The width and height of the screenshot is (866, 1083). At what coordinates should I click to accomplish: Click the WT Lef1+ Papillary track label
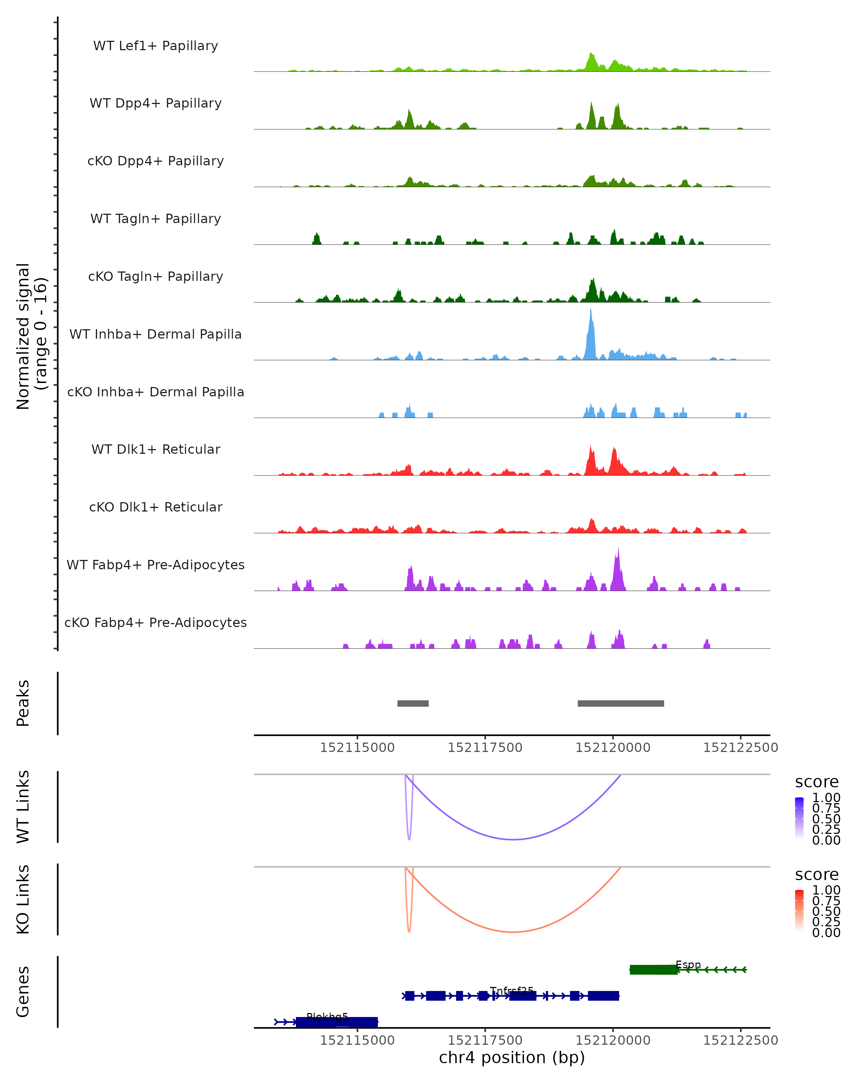point(156,46)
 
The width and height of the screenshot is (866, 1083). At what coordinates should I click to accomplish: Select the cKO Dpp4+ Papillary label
point(156,161)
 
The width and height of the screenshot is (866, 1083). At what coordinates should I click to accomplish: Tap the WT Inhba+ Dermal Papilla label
point(156,334)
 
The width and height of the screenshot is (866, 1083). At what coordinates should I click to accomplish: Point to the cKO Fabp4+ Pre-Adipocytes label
point(156,622)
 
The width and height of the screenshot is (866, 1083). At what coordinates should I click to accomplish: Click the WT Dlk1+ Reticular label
point(156,449)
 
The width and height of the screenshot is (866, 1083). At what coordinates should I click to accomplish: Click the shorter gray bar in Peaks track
point(413,703)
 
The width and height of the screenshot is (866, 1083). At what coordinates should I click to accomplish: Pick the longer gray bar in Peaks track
point(621,703)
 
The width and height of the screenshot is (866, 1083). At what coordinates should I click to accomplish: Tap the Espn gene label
point(688,965)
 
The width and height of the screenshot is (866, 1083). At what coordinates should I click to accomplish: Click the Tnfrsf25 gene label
point(512,991)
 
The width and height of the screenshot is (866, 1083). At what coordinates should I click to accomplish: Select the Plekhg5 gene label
point(327,1017)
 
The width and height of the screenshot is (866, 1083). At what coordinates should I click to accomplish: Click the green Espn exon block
point(653,970)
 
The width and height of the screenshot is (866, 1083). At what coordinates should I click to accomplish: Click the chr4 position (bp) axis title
point(512,1057)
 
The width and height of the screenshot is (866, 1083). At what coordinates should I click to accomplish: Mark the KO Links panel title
point(23,899)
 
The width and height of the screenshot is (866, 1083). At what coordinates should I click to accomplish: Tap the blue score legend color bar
point(799,818)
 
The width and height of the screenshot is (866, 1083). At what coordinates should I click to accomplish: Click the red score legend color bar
point(799,910)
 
